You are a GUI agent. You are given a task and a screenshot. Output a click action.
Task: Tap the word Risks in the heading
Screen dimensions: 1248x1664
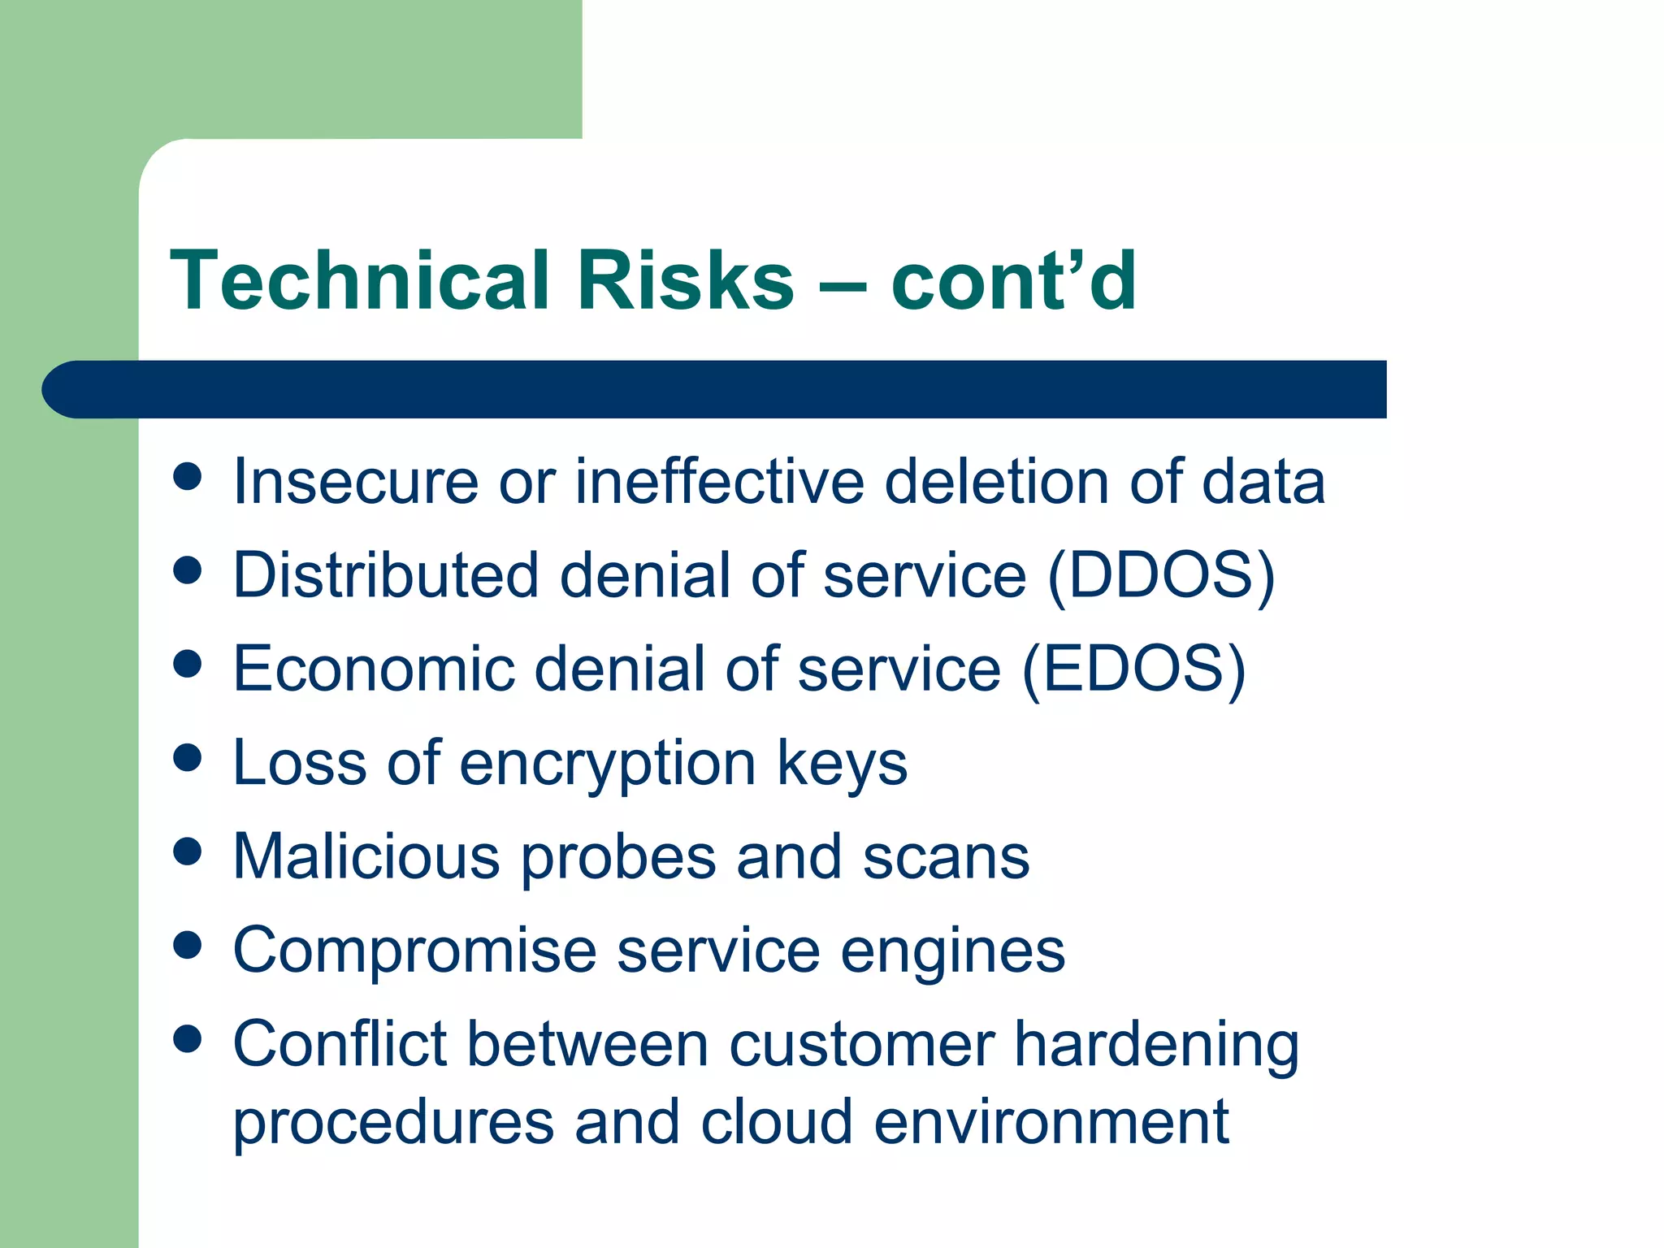point(685,280)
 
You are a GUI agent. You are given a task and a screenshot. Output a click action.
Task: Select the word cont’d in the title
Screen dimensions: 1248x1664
point(1013,280)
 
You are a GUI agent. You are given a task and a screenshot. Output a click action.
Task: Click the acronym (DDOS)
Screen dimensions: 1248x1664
point(1161,576)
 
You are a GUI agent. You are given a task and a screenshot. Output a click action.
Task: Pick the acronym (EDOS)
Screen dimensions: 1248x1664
point(1133,669)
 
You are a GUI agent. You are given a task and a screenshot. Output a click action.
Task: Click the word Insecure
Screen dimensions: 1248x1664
point(355,482)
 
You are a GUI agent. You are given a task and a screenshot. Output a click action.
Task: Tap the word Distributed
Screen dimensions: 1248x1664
point(385,576)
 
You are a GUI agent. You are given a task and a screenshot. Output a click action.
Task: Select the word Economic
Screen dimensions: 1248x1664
point(374,669)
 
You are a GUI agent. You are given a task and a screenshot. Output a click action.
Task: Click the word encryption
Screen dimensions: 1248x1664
point(608,765)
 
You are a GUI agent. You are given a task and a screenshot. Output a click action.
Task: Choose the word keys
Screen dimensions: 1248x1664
point(842,765)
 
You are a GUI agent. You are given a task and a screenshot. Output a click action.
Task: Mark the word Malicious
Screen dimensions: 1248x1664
point(366,857)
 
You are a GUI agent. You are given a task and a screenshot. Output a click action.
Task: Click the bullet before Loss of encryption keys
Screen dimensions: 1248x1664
point(188,758)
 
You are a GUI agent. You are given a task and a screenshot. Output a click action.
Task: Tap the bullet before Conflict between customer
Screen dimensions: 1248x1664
point(188,1038)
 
